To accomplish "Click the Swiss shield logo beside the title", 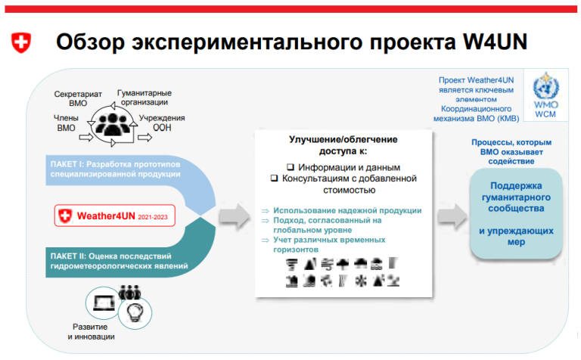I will [x=23, y=42].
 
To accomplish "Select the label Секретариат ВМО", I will [x=77, y=99].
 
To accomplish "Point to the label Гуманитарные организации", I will [x=143, y=98].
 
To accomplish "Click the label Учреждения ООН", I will [x=162, y=123].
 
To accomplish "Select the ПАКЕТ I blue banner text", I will [x=113, y=168].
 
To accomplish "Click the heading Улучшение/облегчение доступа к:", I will [x=343, y=145].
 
